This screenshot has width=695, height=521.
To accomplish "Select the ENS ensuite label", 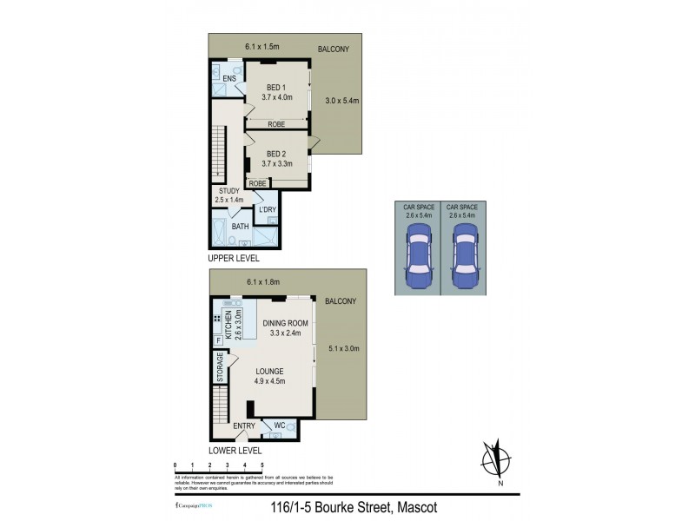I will pyautogui.click(x=229, y=79).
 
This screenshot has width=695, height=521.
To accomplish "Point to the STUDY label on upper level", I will pyautogui.click(x=228, y=191).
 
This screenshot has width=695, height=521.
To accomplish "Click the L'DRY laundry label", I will pyautogui.click(x=268, y=209).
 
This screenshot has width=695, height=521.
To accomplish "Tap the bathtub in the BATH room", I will pyautogui.click(x=218, y=233).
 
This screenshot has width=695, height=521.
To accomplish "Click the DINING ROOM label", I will pyautogui.click(x=285, y=323).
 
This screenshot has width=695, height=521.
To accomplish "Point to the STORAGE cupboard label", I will pyautogui.click(x=221, y=367).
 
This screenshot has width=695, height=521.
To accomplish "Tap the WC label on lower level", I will pyautogui.click(x=279, y=425).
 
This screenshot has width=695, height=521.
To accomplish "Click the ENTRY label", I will pyautogui.click(x=245, y=425).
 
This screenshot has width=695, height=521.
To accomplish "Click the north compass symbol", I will pyautogui.click(x=495, y=460).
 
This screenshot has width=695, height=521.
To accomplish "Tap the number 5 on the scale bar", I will pyautogui.click(x=262, y=466).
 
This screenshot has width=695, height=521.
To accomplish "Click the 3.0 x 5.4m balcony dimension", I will pyautogui.click(x=341, y=101).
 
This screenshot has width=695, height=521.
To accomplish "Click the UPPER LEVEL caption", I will pyautogui.click(x=233, y=259).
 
